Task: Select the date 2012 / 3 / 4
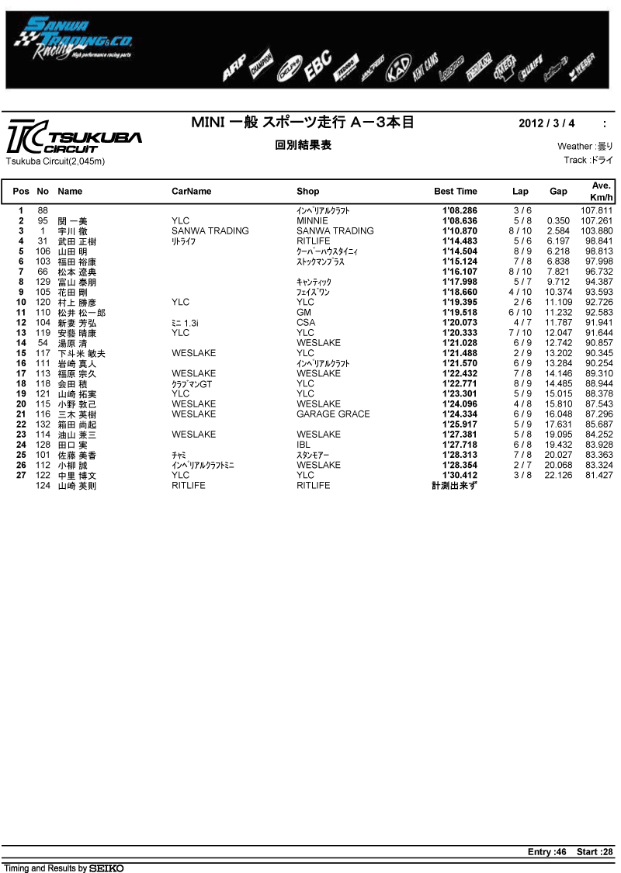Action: click(546, 123)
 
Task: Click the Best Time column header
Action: click(455, 191)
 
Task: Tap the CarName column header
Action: click(191, 191)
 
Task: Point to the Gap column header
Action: click(557, 191)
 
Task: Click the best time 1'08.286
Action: click(460, 210)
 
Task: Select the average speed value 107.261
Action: click(596, 220)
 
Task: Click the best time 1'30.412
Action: click(460, 475)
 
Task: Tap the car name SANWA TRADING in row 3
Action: click(210, 230)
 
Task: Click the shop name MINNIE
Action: click(312, 220)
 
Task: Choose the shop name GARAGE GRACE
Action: click(333, 414)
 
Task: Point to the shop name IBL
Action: click(303, 444)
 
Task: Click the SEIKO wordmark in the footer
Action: click(106, 868)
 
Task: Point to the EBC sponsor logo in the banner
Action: click(318, 65)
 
